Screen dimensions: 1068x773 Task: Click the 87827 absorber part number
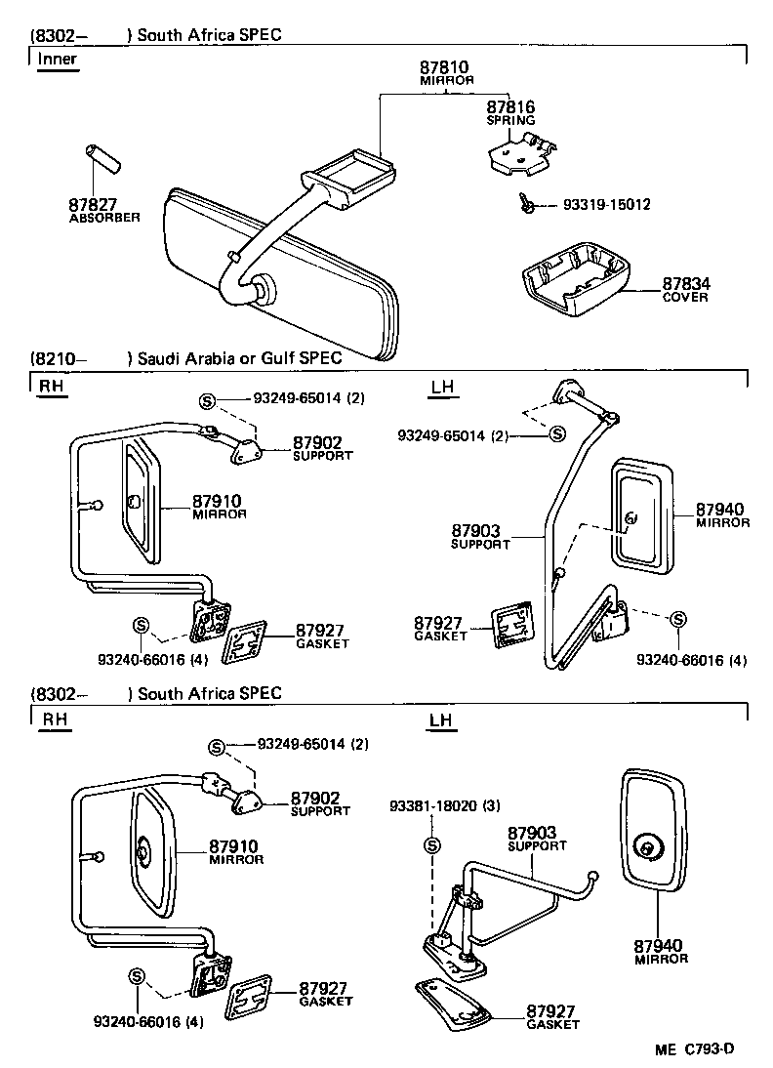coord(94,205)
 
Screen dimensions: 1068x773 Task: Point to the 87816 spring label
coord(510,106)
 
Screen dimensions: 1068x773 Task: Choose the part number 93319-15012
coord(607,205)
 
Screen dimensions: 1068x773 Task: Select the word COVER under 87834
coord(685,297)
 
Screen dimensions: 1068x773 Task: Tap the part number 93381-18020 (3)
coord(444,806)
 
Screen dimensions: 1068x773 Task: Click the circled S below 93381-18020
coord(432,845)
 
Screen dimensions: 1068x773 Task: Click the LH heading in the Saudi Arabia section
coord(442,388)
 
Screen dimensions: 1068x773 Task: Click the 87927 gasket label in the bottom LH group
coord(552,1010)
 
